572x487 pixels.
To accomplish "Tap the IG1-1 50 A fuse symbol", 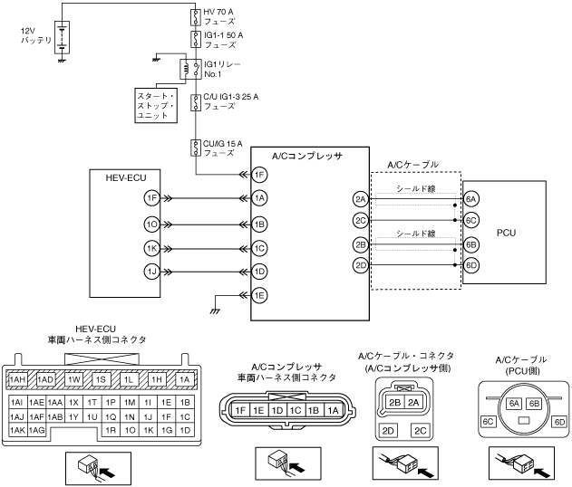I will click(195, 39).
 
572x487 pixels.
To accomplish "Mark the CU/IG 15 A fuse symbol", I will click(195, 147).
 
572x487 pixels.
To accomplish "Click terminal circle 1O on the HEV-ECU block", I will click(150, 223).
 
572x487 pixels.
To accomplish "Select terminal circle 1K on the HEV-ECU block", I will click(150, 247).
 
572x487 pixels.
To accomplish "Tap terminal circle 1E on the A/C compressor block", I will click(260, 294).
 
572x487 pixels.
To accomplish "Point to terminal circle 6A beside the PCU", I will click(471, 199).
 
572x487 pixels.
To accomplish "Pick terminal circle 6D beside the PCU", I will click(471, 265).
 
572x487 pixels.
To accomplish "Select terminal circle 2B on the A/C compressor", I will click(361, 243).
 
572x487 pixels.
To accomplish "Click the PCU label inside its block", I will click(507, 233).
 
